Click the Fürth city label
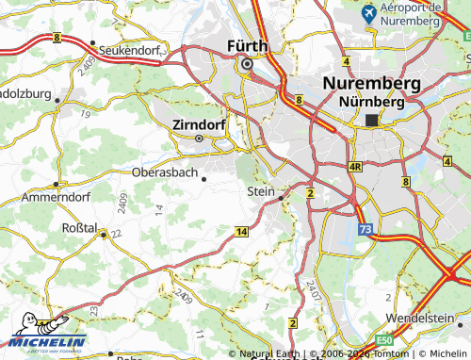click(247, 45)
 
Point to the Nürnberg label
click(371, 100)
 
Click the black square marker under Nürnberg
click(372, 120)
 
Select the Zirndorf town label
click(200, 123)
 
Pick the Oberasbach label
click(165, 173)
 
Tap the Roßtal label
click(78, 227)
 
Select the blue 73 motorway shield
click(365, 228)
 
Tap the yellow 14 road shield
click(242, 231)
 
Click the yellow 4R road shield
click(355, 167)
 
